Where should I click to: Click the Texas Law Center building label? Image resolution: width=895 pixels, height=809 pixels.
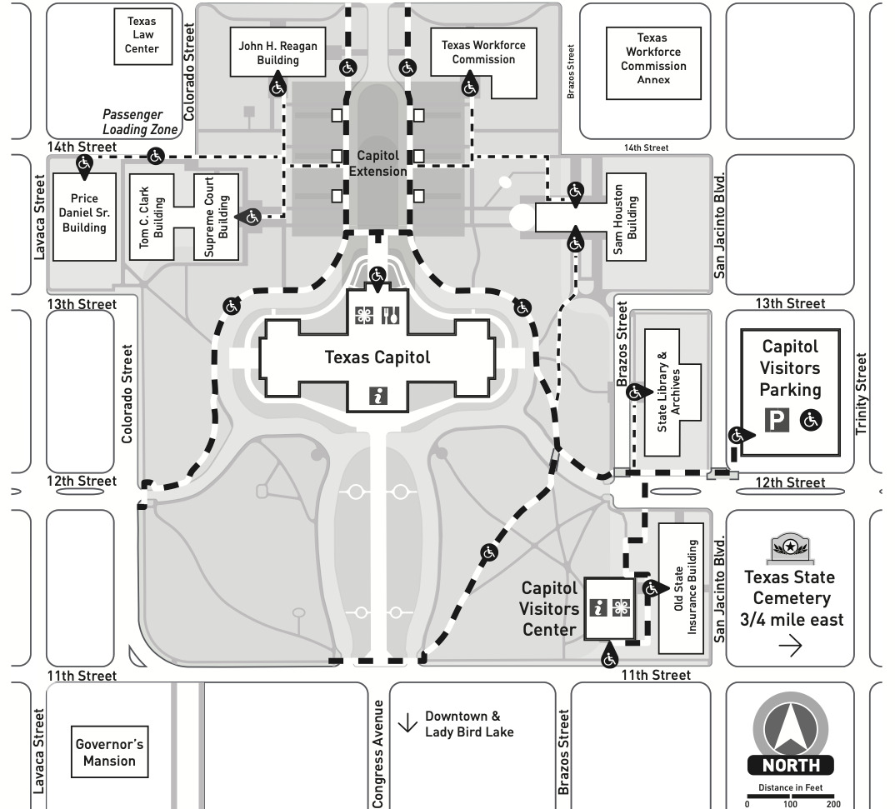(x=142, y=35)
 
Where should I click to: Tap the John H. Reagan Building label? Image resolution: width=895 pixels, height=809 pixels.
(x=277, y=53)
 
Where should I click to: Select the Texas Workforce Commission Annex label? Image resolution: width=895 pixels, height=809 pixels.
(x=653, y=59)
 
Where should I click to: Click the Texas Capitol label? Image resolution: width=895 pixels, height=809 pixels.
(x=377, y=357)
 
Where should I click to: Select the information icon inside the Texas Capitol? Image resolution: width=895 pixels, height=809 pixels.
(x=379, y=396)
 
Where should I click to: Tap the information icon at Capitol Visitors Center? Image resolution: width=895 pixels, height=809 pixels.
(x=597, y=608)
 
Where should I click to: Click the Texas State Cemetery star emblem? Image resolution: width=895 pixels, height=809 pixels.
(x=789, y=547)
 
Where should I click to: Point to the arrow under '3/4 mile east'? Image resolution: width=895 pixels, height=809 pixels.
(x=789, y=646)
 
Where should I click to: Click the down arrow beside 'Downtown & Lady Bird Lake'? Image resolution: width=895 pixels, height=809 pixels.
(x=407, y=723)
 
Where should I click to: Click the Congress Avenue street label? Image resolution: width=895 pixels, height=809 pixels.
(x=378, y=753)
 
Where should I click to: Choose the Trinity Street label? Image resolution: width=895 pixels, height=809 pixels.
(x=862, y=394)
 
